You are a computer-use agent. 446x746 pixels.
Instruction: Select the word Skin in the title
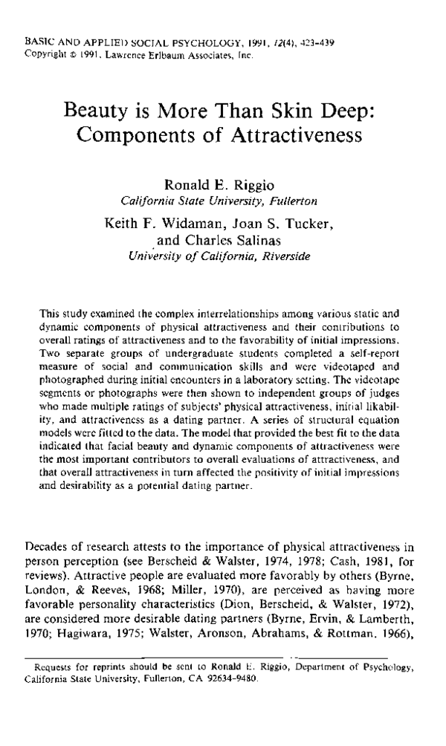click(x=294, y=112)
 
